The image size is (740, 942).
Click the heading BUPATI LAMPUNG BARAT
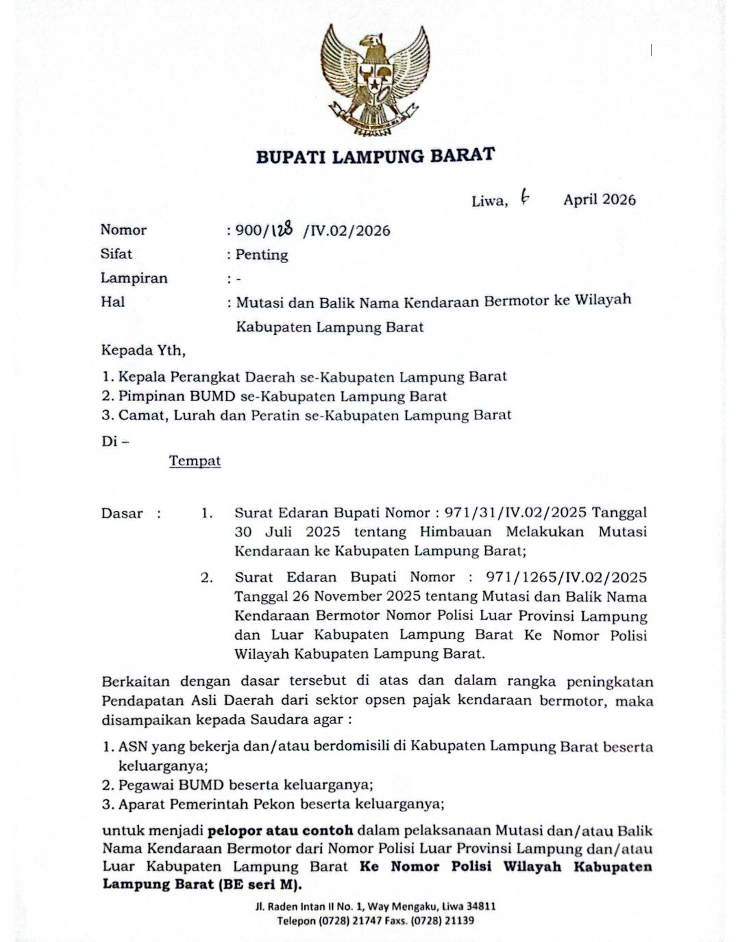pos(375,156)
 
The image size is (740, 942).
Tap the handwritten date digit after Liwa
pos(524,198)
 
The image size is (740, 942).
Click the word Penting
pos(262,255)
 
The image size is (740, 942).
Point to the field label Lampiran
pos(134,278)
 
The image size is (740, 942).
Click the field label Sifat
pos(116,253)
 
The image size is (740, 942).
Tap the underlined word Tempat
pos(195,460)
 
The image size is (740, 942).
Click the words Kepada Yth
pos(143,351)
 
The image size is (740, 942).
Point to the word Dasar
pos(122,513)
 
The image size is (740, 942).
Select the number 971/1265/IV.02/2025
pos(566,577)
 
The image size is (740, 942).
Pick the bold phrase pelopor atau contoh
pos(280,830)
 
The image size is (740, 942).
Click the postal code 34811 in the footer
pos(481,906)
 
